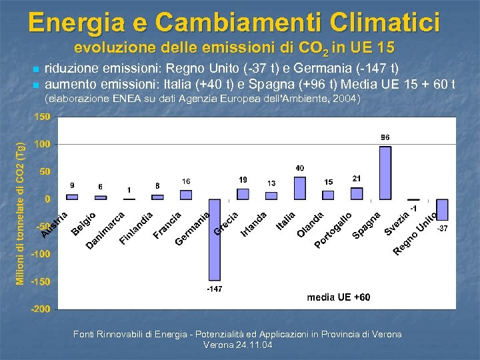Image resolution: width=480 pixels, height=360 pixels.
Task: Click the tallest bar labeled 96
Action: coord(385,173)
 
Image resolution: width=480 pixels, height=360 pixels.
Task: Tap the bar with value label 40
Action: coord(300,188)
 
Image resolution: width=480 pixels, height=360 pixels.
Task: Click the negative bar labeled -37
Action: coord(442,209)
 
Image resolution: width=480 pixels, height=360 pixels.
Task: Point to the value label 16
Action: coord(186,181)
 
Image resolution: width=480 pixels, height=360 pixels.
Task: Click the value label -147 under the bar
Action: coord(215,289)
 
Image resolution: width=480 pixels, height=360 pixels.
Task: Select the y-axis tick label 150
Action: coord(42,117)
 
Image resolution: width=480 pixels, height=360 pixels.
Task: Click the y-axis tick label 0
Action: coord(47,199)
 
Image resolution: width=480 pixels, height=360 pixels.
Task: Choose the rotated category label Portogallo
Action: coord(333,230)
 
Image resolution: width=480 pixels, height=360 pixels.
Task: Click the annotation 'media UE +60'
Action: coord(338,297)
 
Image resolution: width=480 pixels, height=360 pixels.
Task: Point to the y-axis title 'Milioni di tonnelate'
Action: coord(21,213)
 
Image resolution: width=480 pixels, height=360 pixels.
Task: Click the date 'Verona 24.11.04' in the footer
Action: coord(237,345)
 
